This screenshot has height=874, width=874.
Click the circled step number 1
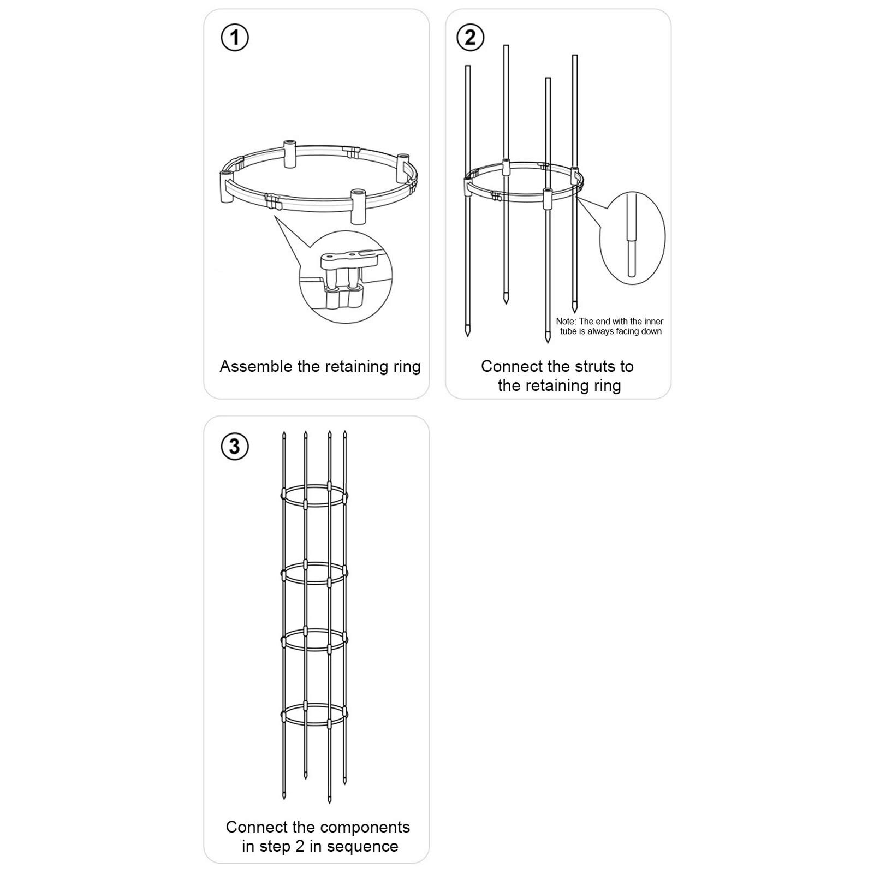(235, 38)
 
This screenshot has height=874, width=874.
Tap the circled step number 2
(470, 38)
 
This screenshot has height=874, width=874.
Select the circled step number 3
(235, 446)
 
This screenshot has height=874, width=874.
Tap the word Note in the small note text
(566, 322)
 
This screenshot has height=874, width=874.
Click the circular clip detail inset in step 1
(346, 277)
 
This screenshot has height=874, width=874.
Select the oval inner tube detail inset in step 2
(632, 237)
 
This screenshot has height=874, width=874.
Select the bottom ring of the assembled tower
(314, 715)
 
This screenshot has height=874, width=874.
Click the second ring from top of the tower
(314, 573)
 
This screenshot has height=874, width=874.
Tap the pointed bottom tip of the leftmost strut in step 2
(468, 334)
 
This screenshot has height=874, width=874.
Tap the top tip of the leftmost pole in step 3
(284, 434)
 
